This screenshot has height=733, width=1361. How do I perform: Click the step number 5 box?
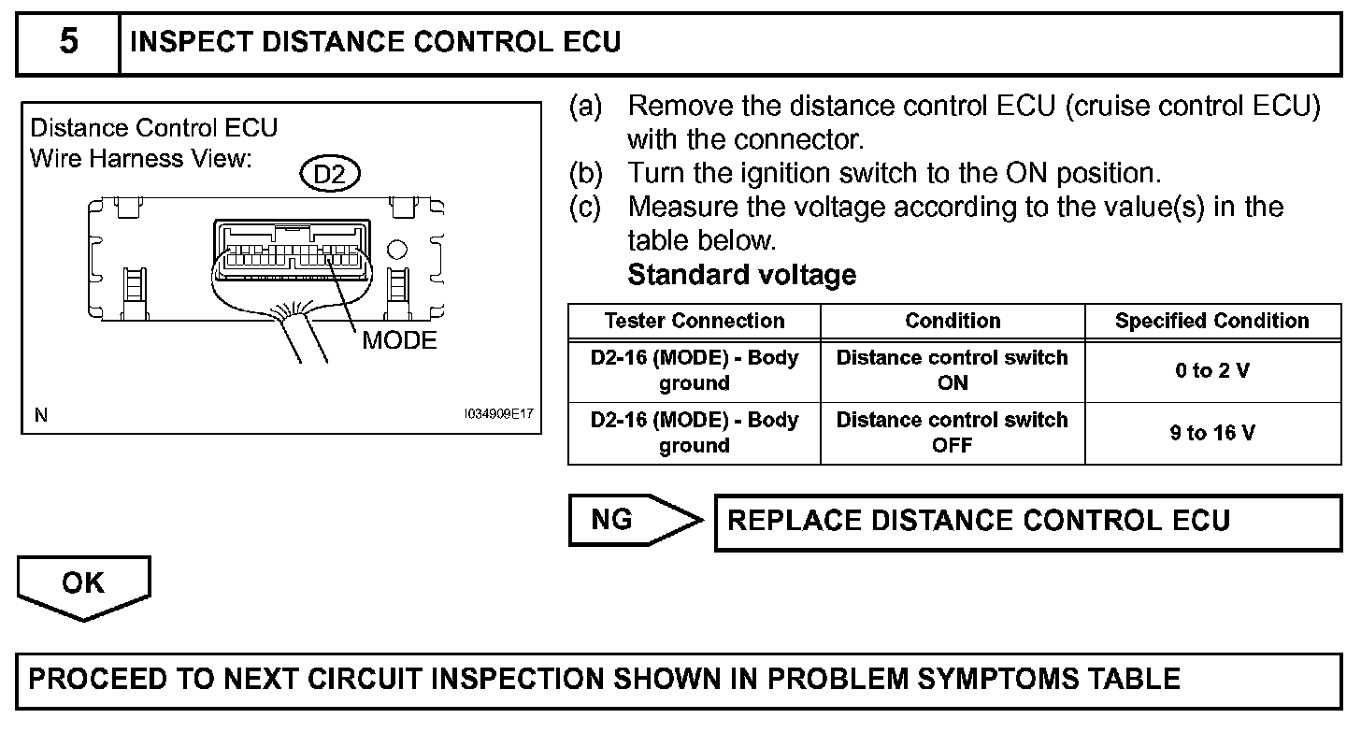click(x=68, y=44)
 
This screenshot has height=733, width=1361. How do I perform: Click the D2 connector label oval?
click(x=330, y=175)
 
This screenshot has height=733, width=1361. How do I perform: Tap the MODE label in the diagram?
click(x=399, y=340)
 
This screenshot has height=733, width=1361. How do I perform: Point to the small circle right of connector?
click(x=396, y=250)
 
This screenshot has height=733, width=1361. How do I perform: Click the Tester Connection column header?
click(x=694, y=321)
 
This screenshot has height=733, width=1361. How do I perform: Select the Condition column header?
click(x=953, y=321)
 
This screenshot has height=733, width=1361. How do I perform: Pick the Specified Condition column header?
click(x=1211, y=321)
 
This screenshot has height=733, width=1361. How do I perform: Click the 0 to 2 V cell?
click(x=1211, y=370)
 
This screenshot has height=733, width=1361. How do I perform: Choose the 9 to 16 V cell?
click(x=1211, y=433)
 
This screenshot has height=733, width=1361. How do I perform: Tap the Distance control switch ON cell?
click(x=953, y=370)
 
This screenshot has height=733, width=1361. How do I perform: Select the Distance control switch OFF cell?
click(x=953, y=433)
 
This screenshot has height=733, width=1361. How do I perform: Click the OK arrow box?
click(x=83, y=586)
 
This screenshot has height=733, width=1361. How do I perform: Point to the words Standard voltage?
click(x=741, y=275)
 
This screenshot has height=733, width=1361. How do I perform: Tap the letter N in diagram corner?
click(x=40, y=415)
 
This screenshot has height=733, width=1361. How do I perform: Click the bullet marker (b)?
click(x=586, y=173)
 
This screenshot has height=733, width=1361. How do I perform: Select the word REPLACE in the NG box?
click(x=791, y=520)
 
